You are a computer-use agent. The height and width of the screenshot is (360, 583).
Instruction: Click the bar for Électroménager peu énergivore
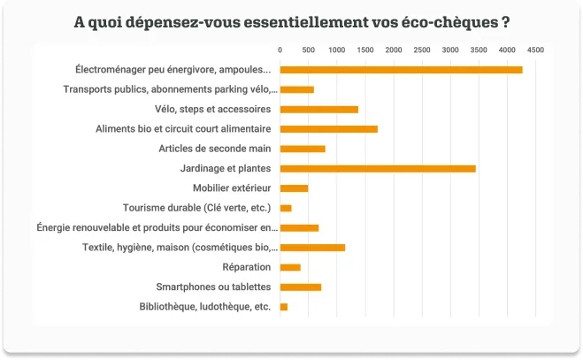(x=401, y=70)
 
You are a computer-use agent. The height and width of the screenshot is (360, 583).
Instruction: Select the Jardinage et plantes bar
(x=378, y=169)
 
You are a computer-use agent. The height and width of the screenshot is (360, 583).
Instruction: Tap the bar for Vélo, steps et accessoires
(x=319, y=110)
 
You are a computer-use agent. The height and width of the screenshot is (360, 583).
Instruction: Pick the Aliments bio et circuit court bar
(x=329, y=129)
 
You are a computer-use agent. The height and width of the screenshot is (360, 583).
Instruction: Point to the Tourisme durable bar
(x=286, y=208)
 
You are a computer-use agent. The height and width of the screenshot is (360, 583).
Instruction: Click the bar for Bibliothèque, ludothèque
(x=284, y=307)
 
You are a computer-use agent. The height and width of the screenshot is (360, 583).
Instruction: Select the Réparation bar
(x=290, y=267)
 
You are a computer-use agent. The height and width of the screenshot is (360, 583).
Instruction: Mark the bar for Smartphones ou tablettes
(x=301, y=287)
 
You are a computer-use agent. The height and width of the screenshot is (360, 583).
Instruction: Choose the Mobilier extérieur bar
(x=294, y=188)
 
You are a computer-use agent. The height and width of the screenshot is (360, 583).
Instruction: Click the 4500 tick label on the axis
(x=535, y=50)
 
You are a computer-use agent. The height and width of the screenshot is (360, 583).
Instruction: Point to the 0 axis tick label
(x=280, y=50)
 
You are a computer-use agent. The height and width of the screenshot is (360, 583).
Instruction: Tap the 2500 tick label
(x=422, y=50)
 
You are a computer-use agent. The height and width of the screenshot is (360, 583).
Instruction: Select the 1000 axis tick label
(x=337, y=50)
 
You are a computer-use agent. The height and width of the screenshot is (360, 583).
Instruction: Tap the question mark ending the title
(x=505, y=22)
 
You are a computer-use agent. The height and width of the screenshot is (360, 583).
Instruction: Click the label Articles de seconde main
(x=215, y=149)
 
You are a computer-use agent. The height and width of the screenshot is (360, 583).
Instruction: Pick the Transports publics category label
(x=170, y=89)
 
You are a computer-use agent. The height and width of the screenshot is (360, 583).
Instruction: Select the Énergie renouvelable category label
(x=157, y=227)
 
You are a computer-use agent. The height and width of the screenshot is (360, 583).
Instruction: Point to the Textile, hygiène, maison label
(x=180, y=248)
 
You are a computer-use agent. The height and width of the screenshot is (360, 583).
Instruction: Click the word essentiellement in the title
(x=315, y=22)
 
